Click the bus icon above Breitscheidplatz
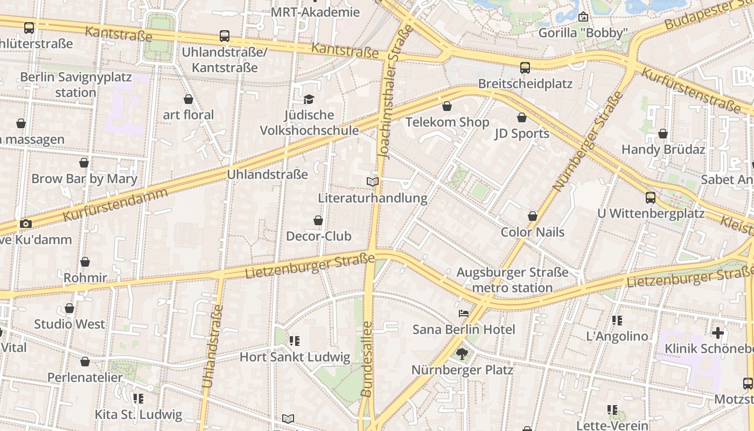(525, 68)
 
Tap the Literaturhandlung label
(373, 198)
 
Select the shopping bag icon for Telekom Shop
(446, 106)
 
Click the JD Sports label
(522, 134)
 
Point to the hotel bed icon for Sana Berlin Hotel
(463, 314)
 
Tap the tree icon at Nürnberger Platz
(462, 354)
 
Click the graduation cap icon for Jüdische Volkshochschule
(309, 99)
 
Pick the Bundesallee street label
(367, 359)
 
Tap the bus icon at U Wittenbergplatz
(651, 198)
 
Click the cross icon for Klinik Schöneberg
(717, 333)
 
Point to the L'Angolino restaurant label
(617, 336)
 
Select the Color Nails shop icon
(533, 217)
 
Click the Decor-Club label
(318, 236)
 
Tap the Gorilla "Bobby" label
(583, 33)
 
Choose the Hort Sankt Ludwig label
(295, 357)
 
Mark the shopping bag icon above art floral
(188, 99)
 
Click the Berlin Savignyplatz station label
(75, 85)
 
